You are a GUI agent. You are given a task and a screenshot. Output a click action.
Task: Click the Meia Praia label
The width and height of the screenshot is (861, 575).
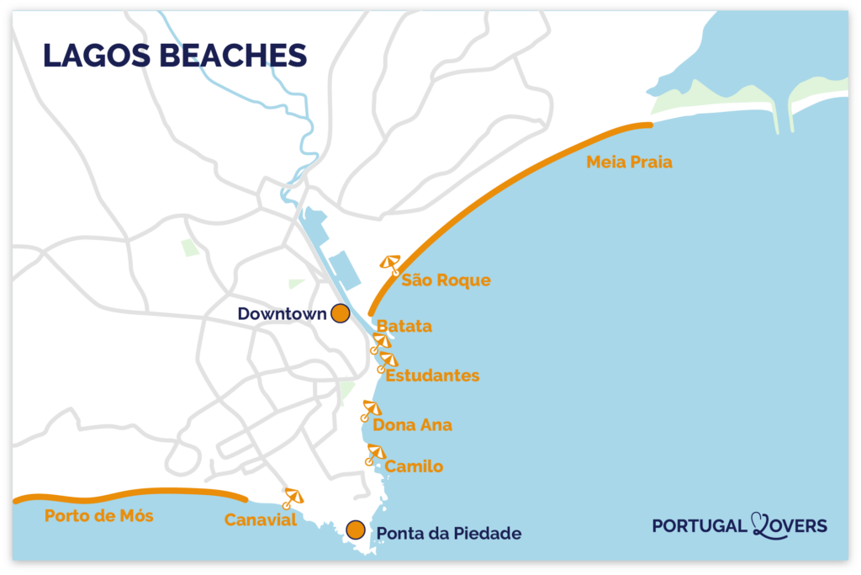[x=629, y=162]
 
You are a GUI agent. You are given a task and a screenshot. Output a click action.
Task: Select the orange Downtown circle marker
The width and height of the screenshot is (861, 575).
[x=340, y=313]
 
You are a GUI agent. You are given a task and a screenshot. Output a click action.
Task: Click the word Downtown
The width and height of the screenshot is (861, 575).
[x=282, y=314]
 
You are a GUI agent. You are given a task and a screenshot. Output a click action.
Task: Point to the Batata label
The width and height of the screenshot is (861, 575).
[x=404, y=326]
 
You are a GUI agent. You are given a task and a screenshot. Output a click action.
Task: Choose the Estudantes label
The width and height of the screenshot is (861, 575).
[x=432, y=375]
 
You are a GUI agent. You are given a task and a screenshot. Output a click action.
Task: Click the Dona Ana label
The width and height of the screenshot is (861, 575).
[x=412, y=425]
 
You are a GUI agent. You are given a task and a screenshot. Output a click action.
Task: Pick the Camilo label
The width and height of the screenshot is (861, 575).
[x=414, y=466]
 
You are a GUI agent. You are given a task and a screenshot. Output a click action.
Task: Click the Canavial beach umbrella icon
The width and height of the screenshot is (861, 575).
[x=292, y=498]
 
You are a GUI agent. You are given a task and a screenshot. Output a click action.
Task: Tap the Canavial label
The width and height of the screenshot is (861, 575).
[x=261, y=520]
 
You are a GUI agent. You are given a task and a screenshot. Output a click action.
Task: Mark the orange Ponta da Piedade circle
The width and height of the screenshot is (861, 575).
[x=356, y=530]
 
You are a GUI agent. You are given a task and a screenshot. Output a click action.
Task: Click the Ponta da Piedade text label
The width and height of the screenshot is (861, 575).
[x=449, y=533]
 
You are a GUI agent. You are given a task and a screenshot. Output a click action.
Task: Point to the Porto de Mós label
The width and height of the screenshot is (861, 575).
[x=99, y=516]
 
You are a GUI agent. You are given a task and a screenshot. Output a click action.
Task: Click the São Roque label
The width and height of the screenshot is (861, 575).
[x=446, y=280]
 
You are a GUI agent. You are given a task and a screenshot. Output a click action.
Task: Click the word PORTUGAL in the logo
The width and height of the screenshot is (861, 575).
[x=699, y=526]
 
